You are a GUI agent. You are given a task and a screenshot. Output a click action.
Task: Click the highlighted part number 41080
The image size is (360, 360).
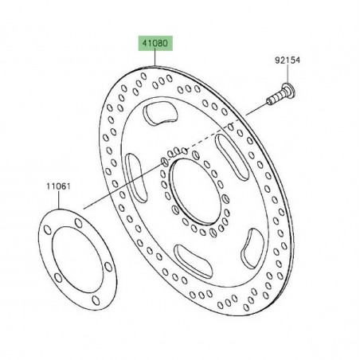coord(155,45)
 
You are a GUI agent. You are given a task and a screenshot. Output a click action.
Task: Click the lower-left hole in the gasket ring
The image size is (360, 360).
coord(49,292)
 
